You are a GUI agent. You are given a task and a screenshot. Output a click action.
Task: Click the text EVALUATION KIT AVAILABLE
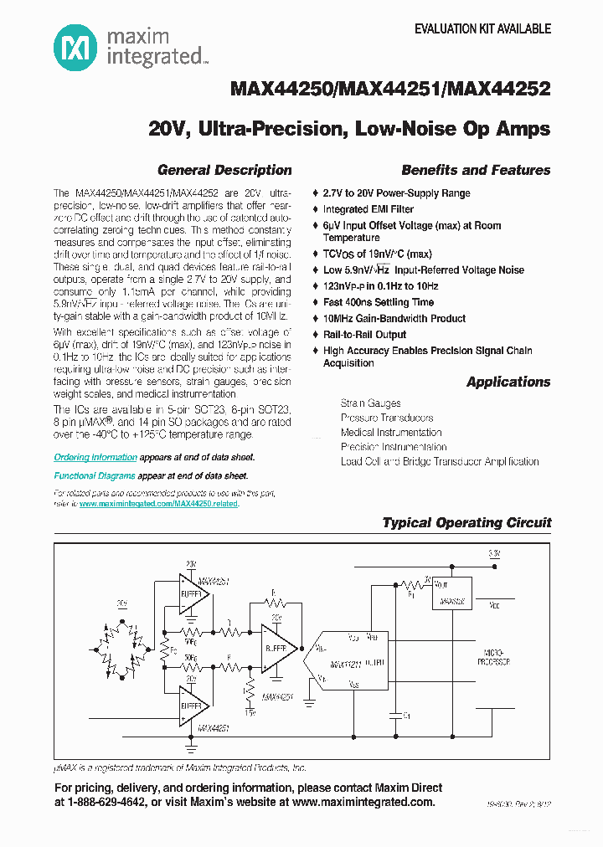483,28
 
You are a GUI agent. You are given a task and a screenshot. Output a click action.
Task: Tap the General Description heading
224,170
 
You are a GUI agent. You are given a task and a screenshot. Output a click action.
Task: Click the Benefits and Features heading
476,170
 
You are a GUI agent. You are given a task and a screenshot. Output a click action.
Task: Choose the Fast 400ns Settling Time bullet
379,302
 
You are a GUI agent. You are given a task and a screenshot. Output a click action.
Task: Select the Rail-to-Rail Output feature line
364,335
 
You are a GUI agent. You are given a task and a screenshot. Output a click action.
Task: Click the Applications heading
508,382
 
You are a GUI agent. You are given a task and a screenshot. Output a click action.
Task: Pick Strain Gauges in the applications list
370,403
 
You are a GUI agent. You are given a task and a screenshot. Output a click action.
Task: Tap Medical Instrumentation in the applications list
391,433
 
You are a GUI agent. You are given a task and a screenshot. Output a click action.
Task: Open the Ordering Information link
95,458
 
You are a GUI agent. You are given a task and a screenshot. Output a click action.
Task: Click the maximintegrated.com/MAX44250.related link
159,504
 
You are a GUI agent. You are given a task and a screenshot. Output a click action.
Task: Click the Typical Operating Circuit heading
466,522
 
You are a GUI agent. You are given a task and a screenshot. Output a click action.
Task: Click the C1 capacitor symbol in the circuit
394,714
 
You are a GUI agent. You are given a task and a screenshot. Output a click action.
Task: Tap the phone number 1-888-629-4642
106,803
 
